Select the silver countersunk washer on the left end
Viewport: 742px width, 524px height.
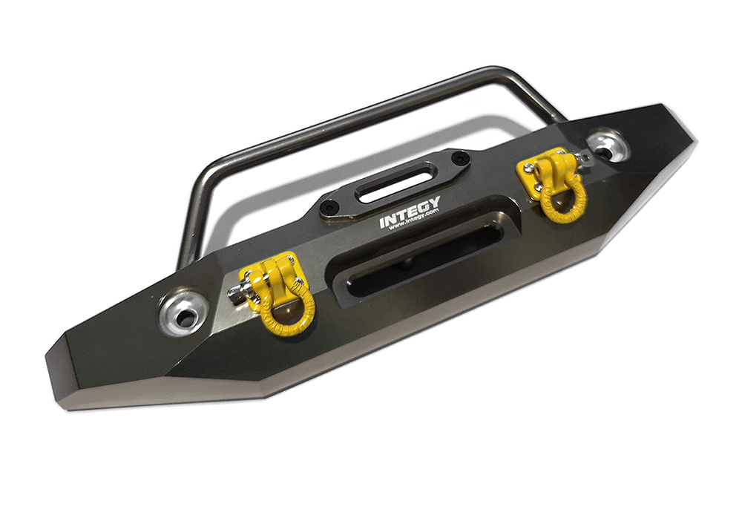coord(179,315)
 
